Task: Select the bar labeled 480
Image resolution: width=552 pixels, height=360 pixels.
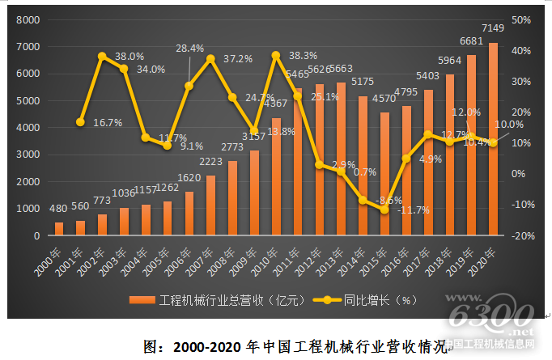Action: point(59,229)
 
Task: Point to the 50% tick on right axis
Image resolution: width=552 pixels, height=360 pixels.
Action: point(523,19)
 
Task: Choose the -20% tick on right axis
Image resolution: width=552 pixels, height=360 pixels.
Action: point(521,235)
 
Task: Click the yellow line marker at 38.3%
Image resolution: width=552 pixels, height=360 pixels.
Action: point(276,55)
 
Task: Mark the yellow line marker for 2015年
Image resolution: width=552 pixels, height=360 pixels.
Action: point(384,210)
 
